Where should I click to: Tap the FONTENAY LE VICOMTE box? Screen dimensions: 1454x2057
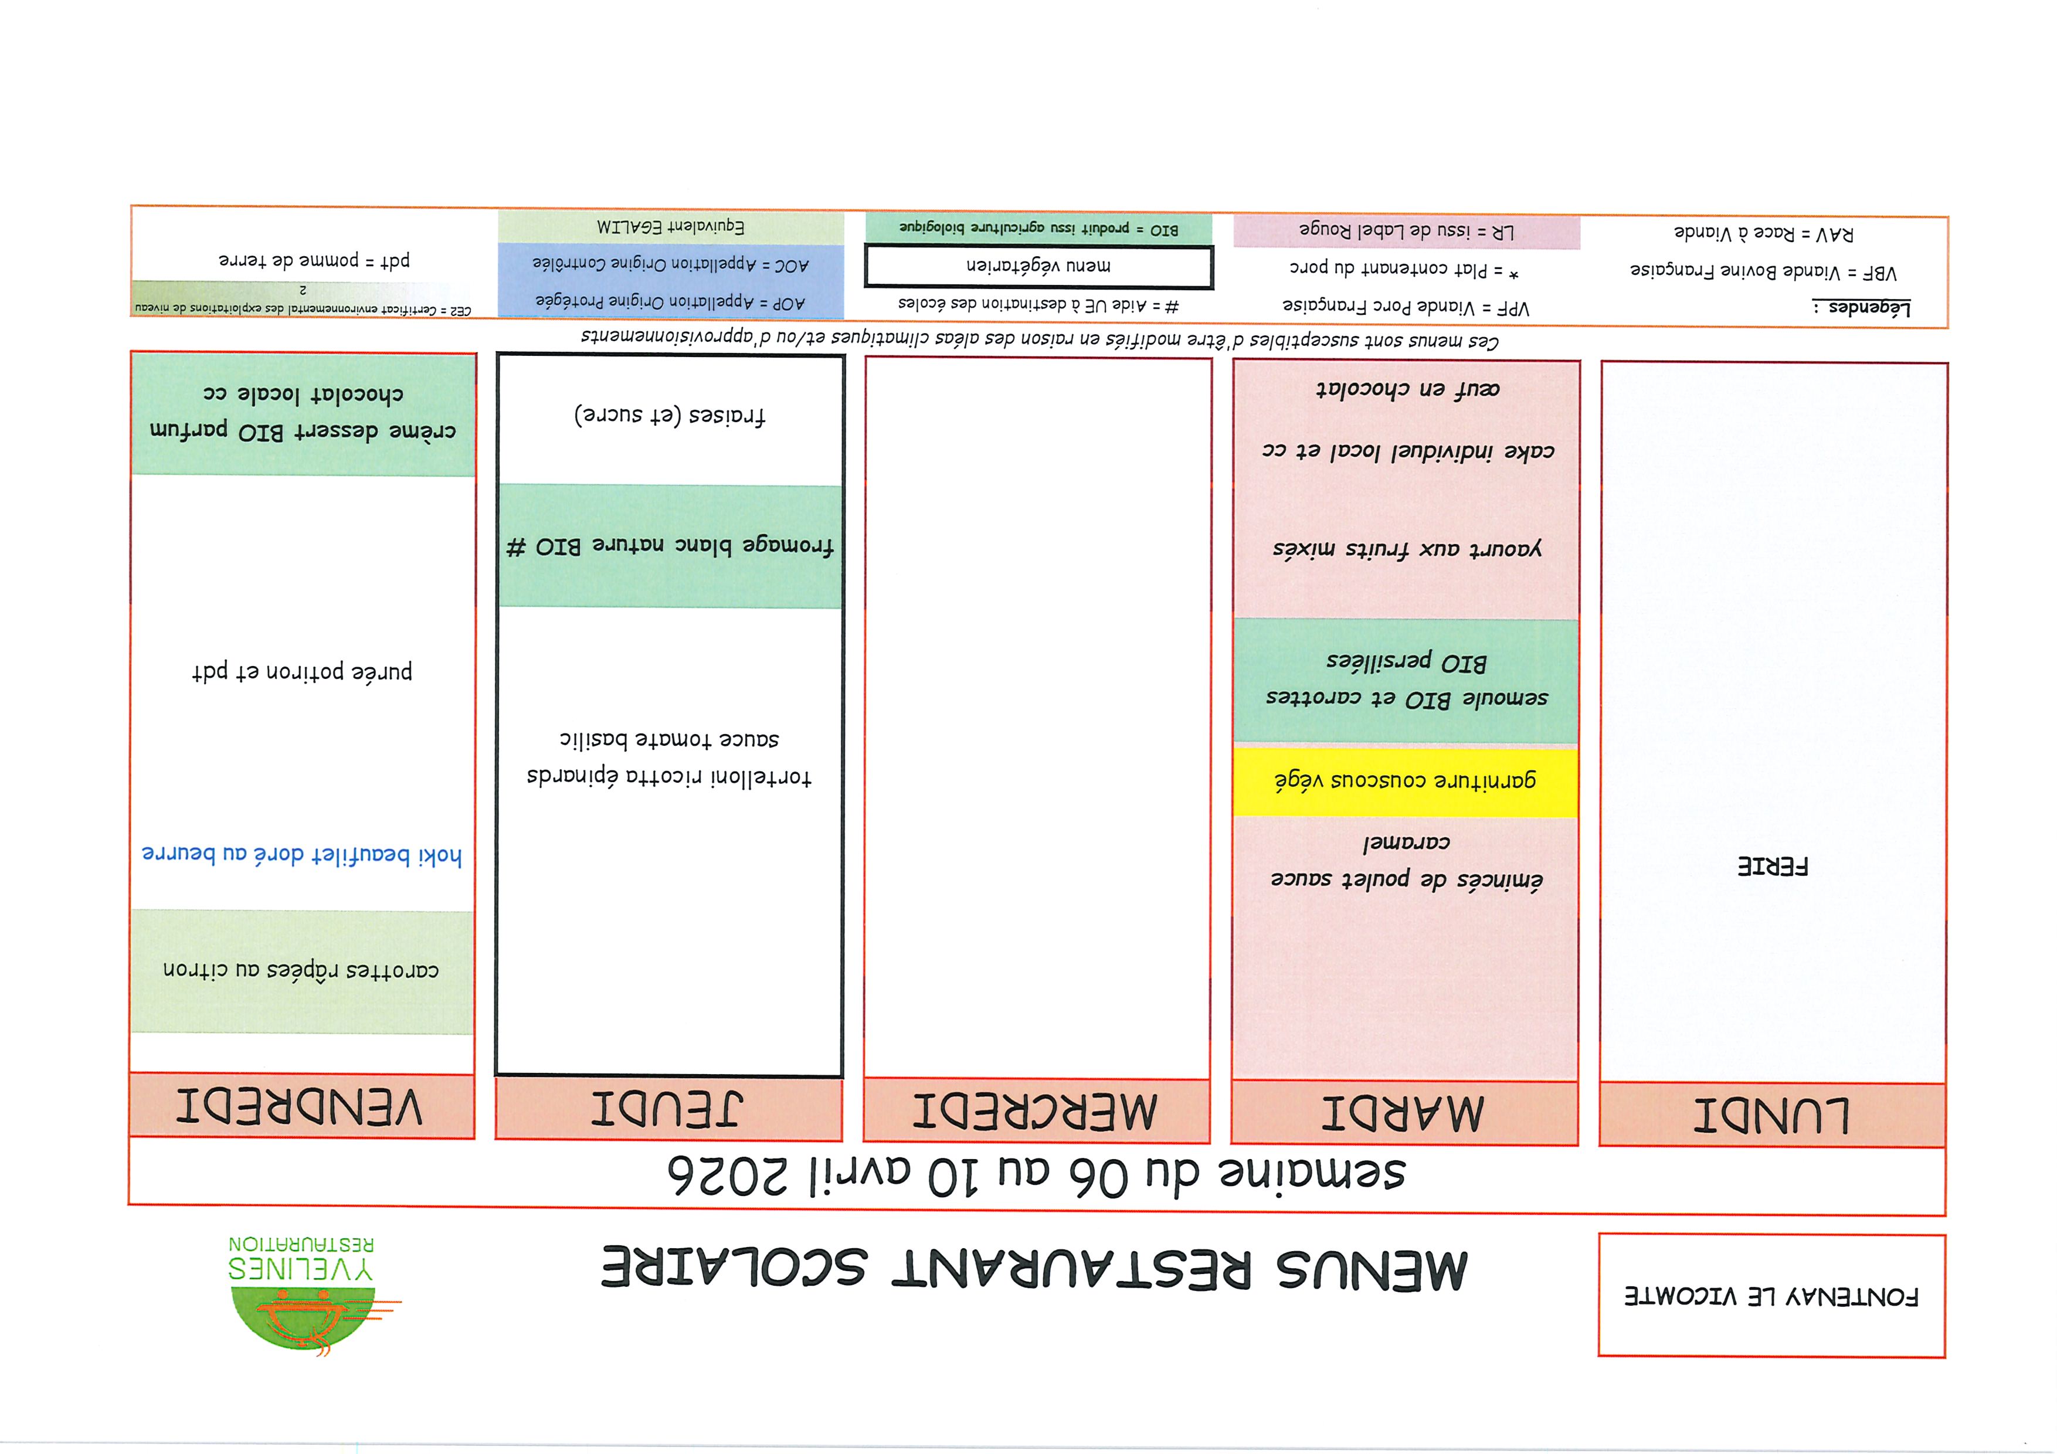[1771, 1296]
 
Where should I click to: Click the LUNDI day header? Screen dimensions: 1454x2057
[1771, 1115]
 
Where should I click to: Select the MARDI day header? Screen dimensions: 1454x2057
[1404, 1113]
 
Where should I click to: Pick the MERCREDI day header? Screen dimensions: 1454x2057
[1036, 1112]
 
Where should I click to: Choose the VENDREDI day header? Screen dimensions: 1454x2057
[300, 1108]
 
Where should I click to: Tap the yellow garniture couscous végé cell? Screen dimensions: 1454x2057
[1405, 780]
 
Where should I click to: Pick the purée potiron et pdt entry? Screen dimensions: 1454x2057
[302, 671]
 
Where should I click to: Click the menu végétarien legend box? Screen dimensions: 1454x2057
[1038, 266]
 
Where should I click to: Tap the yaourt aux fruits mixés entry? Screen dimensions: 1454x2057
[1407, 548]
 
